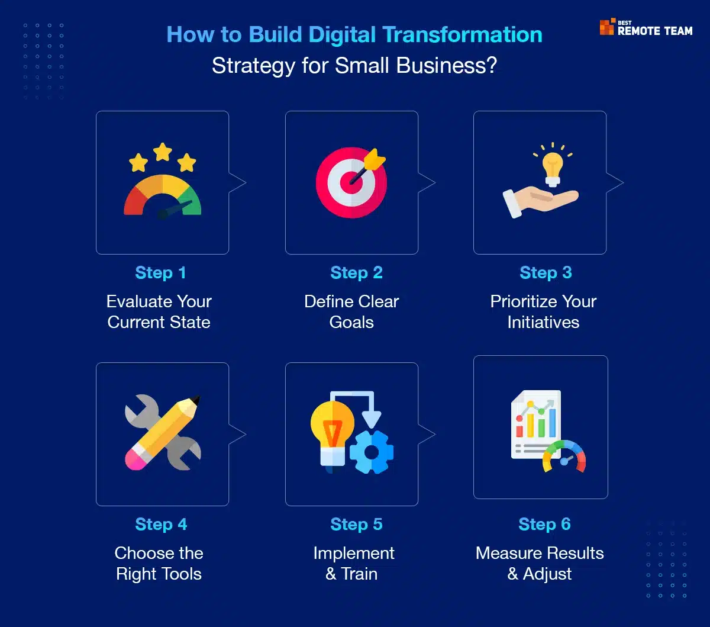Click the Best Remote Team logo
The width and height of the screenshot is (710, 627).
click(646, 27)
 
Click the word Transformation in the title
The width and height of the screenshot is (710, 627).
click(462, 34)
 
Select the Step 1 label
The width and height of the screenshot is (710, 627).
click(160, 273)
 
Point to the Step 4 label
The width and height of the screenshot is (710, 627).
click(161, 524)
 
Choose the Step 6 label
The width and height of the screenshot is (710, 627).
click(544, 524)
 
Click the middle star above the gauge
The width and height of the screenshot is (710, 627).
click(163, 152)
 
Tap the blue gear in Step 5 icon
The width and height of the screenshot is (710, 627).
click(372, 452)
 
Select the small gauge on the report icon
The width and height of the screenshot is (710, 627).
click(564, 456)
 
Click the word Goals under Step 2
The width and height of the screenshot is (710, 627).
click(351, 322)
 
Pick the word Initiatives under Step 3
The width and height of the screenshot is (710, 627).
click(543, 322)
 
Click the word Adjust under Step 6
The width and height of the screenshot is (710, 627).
click(547, 574)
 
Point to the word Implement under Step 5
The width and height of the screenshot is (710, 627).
click(354, 554)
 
